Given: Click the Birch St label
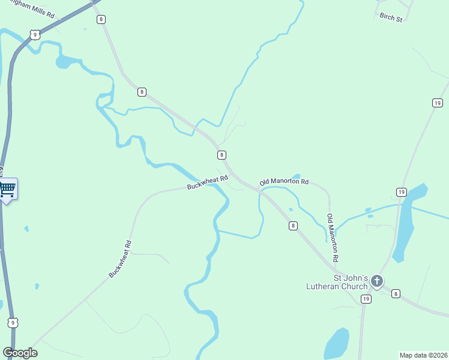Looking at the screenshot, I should tap(391, 18).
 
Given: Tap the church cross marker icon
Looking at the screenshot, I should tap(376, 280).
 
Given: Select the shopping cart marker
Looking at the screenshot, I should tap(7, 190).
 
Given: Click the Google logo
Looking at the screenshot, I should tap(20, 353).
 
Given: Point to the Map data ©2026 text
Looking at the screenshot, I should tap(423, 355).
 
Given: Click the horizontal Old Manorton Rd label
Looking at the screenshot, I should tap(284, 181).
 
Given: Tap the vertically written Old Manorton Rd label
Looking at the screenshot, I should tap(332, 237).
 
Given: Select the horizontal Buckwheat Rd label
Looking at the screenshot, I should tap(208, 182).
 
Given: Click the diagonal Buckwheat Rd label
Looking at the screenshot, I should tap(120, 259).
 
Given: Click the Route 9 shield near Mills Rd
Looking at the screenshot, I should tap(36, 35).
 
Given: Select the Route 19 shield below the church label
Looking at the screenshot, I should tap(364, 298).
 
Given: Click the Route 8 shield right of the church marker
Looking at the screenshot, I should tap(396, 294).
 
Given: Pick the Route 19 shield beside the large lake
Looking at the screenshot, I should tap(401, 192).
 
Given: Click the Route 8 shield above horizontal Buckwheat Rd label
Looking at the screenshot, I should tap(221, 155).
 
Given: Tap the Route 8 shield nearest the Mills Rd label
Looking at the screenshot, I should tap(101, 19).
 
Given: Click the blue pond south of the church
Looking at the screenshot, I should tap(336, 344).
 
